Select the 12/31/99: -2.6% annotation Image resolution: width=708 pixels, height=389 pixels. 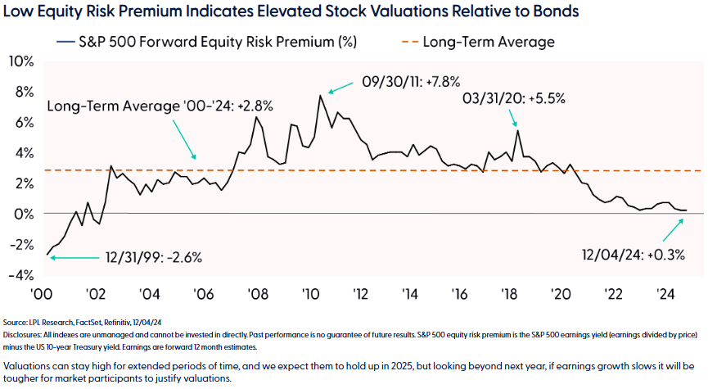point(153,257)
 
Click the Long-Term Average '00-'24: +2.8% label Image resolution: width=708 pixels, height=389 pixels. point(160,106)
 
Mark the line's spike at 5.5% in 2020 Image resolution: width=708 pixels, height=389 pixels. point(517,131)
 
